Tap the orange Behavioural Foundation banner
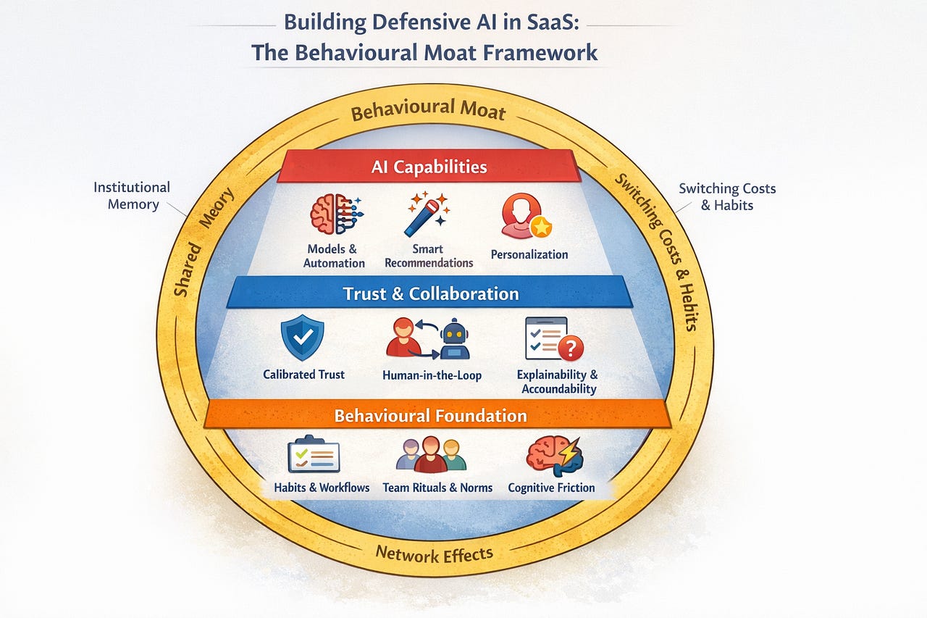pyautogui.click(x=430, y=416)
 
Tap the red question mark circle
pyautogui.click(x=571, y=348)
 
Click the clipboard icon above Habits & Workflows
pyautogui.click(x=313, y=454)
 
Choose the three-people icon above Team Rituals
pyautogui.click(x=431, y=455)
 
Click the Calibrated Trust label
pyautogui.click(x=303, y=375)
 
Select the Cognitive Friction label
pyautogui.click(x=551, y=488)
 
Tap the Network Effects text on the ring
pyautogui.click(x=434, y=555)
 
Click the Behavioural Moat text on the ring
pyautogui.click(x=427, y=111)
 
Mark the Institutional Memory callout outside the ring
pyautogui.click(x=132, y=196)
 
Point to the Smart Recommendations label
pyautogui.click(x=429, y=256)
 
